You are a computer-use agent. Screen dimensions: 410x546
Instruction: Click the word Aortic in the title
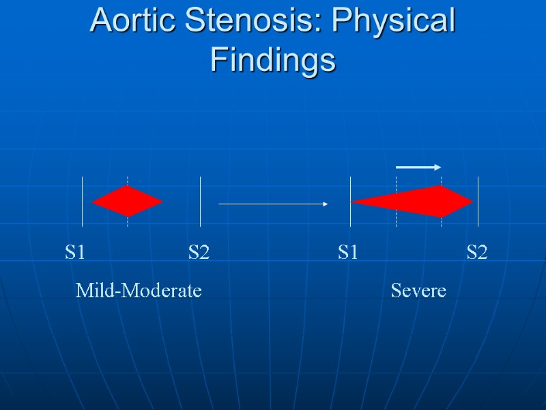tap(129, 21)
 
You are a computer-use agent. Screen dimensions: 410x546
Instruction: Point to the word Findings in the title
tap(273, 59)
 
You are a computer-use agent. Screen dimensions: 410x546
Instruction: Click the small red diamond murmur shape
tap(128, 201)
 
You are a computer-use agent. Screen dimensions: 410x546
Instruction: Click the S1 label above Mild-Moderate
tap(75, 253)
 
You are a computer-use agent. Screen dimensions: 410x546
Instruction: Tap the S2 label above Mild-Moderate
tap(199, 253)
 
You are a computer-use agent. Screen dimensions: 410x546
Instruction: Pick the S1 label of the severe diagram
tap(348, 253)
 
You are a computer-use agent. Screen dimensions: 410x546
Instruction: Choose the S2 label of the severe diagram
tap(477, 253)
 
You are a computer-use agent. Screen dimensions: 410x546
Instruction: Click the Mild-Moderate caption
tap(139, 291)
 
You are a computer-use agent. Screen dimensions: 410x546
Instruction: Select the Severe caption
tap(418, 291)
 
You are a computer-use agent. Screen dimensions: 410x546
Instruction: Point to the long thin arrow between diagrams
tap(273, 204)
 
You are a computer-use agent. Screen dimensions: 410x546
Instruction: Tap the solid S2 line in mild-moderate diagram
tap(200, 202)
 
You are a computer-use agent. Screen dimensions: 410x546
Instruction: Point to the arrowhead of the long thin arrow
tap(326, 204)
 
